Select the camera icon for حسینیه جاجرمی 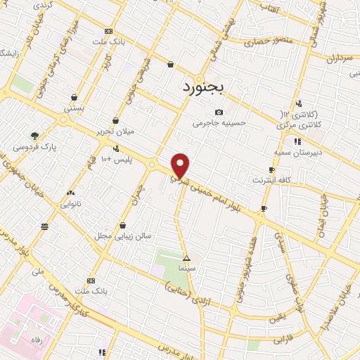(219, 112)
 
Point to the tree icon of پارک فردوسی (34, 136)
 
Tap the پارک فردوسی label (34, 148)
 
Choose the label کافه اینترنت (272, 181)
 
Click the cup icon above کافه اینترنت (272, 170)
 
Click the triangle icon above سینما (186, 258)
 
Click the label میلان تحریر (117, 131)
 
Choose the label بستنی (75, 109)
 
